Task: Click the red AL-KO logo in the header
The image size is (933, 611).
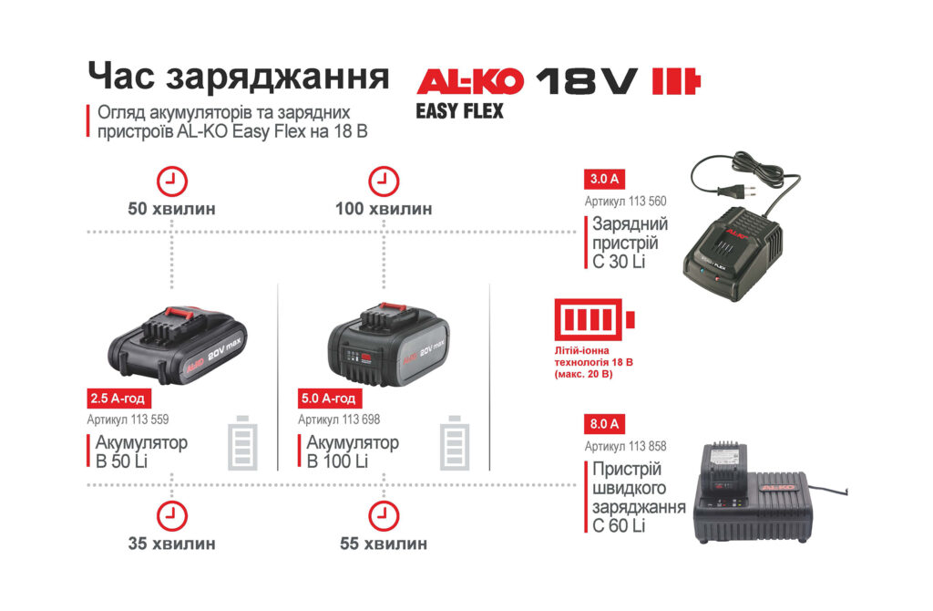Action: pyautogui.click(x=470, y=82)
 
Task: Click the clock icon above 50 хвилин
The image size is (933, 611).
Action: pyautogui.click(x=171, y=180)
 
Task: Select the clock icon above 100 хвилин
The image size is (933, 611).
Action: pyautogui.click(x=383, y=180)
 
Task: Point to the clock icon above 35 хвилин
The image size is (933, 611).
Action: pyautogui.click(x=171, y=515)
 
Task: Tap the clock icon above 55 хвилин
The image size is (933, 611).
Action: pyautogui.click(x=383, y=515)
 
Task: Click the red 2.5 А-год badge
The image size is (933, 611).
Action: pyautogui.click(x=117, y=399)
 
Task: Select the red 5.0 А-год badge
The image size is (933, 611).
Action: pyautogui.click(x=329, y=399)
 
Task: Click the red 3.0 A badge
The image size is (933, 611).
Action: pyautogui.click(x=604, y=180)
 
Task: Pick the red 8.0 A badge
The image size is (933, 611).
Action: pyautogui.click(x=604, y=424)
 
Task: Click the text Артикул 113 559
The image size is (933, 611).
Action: pyautogui.click(x=128, y=419)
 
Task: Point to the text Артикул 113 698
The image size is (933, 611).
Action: pyautogui.click(x=339, y=419)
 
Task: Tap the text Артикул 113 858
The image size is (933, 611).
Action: pyautogui.click(x=625, y=446)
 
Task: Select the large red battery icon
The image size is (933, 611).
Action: pyautogui.click(x=595, y=320)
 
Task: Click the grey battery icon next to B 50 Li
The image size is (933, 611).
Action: pyautogui.click(x=242, y=442)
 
